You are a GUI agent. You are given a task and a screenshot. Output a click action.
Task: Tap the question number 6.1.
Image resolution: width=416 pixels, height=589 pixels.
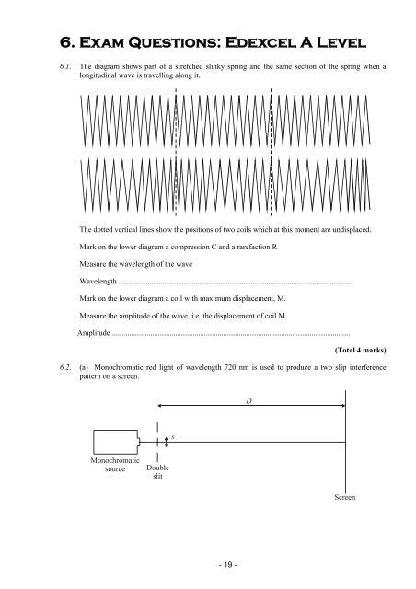64,68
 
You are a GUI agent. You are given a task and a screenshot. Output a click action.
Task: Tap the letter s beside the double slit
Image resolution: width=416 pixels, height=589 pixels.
174,443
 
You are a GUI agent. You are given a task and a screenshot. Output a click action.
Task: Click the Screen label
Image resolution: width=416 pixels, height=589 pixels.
345,497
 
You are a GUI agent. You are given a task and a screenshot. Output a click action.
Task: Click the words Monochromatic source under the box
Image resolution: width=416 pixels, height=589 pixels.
115,465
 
